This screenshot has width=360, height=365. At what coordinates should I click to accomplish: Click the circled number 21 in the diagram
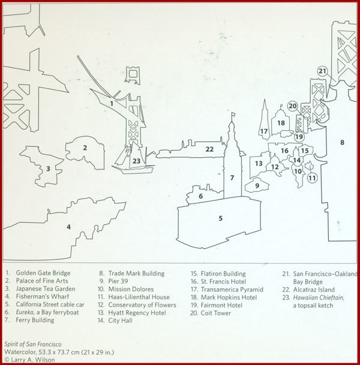point(322,71)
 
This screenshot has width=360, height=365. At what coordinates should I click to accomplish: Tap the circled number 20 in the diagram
point(292,106)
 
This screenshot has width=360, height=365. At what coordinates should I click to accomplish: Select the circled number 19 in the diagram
point(299,136)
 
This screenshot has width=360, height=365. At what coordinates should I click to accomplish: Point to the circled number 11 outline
point(311,178)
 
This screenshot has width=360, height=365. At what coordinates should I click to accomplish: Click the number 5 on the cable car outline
point(220,218)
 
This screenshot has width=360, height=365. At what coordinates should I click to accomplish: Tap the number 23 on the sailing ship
point(136,161)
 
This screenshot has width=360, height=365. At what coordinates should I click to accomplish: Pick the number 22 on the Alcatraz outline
point(209,149)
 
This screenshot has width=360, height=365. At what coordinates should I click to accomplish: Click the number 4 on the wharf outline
point(68,226)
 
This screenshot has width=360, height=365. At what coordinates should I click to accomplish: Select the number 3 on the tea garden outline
point(48,169)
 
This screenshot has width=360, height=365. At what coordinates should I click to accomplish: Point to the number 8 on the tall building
point(341,142)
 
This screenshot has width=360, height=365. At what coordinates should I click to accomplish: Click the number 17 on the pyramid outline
point(263,131)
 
